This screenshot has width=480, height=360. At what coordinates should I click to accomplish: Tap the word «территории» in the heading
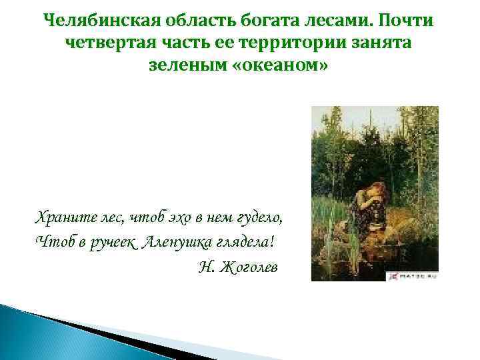click(x=294, y=43)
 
